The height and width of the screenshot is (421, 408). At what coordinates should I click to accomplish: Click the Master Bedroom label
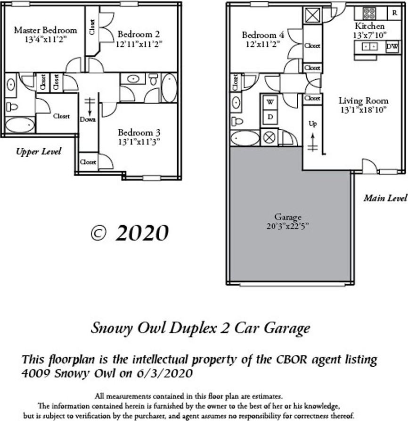[x=45, y=30]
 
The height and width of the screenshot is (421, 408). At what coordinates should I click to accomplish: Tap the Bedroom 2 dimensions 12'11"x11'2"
[x=138, y=44]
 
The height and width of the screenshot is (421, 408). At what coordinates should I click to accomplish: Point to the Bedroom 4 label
[x=263, y=35]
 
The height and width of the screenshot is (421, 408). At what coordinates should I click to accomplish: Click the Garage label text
[x=288, y=217]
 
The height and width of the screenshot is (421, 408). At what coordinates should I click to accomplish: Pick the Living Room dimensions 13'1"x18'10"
[x=363, y=110]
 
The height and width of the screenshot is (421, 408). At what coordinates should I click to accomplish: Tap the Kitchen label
[x=369, y=26]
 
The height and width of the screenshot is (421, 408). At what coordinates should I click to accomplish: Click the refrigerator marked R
[x=394, y=13]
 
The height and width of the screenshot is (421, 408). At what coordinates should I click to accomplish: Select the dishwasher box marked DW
[x=392, y=47]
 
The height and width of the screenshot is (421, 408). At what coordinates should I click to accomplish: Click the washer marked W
[x=270, y=101]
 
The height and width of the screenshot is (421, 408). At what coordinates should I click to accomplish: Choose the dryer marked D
[x=270, y=116]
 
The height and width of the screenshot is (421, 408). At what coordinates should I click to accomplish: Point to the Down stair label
[x=88, y=119]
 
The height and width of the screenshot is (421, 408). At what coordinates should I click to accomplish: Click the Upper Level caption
[x=39, y=152]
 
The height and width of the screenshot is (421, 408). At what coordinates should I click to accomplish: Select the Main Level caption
[x=384, y=198]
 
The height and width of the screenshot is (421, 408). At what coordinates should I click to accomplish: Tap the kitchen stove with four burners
[x=369, y=13]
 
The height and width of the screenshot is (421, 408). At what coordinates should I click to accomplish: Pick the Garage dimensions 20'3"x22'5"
[x=288, y=226]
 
